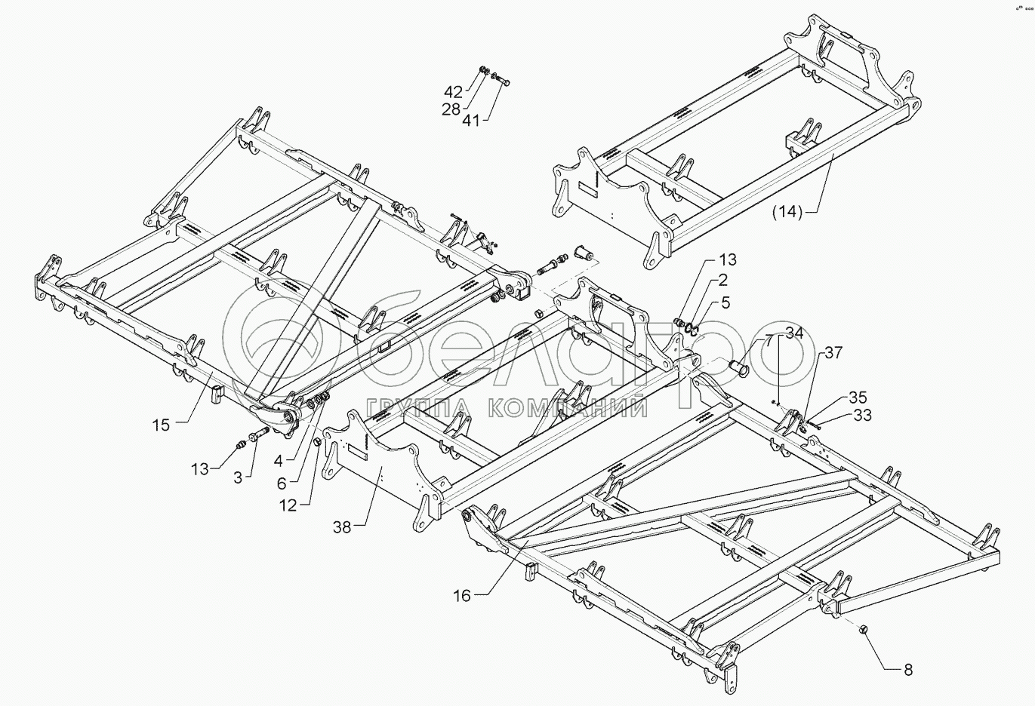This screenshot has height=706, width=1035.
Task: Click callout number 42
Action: point(453,93)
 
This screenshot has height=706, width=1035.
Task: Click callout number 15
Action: point(161,425)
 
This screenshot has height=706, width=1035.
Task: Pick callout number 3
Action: point(238,477)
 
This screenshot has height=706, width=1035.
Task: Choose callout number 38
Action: point(343,527)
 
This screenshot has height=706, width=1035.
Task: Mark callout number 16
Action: point(462,596)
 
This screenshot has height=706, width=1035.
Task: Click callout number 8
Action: point(908,669)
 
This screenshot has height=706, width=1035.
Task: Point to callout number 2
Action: point(722,281)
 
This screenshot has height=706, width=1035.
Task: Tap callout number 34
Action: point(793,332)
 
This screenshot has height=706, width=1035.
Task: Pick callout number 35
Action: point(858,398)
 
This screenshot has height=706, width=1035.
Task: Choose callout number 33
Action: point(862,414)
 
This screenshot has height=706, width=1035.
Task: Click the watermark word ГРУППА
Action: point(419,408)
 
